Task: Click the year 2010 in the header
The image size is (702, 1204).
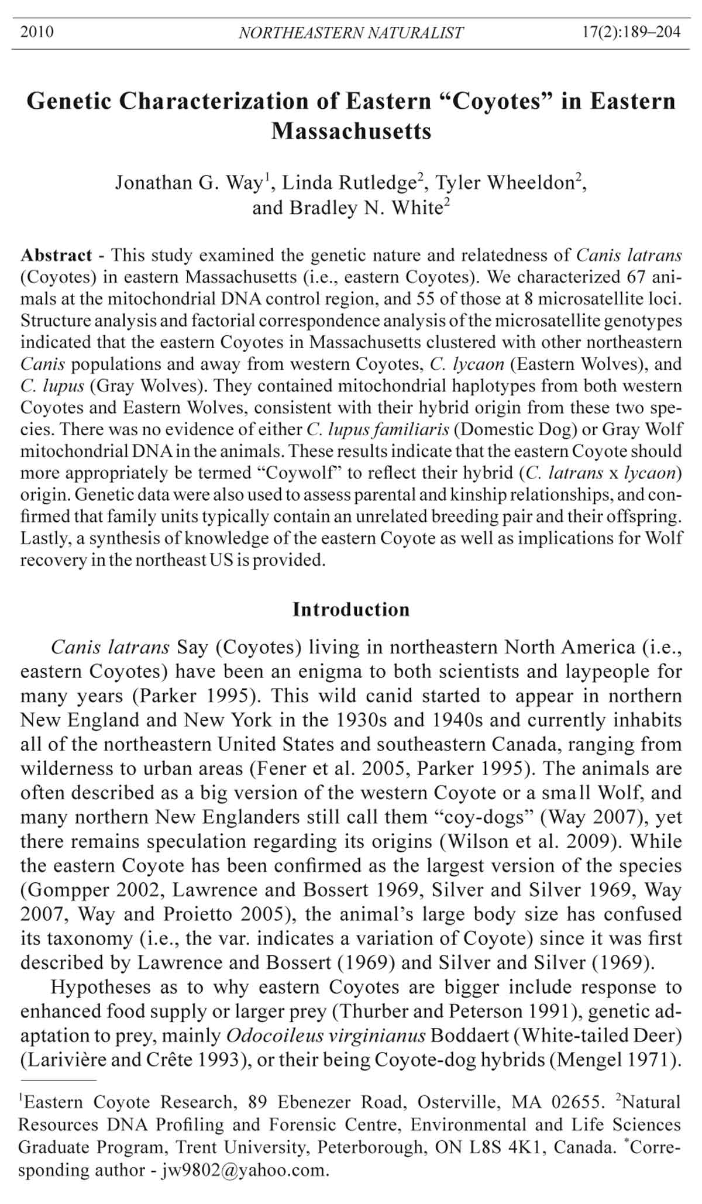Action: coord(37,32)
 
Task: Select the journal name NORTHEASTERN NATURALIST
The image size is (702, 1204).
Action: coord(351,33)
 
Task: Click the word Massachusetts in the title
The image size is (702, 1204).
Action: coord(351,131)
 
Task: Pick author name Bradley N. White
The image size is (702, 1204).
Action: coord(347,208)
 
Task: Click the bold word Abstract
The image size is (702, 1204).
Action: coord(56,256)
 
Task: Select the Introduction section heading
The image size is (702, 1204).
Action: coord(351,610)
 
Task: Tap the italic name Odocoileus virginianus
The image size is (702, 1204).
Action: coord(326,1036)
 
